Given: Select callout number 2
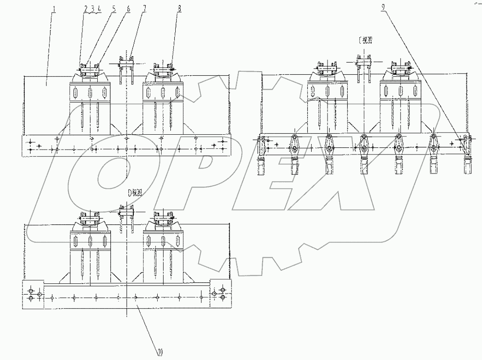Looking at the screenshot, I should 86,9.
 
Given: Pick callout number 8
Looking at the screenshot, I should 179,9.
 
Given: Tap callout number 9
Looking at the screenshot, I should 382,9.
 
